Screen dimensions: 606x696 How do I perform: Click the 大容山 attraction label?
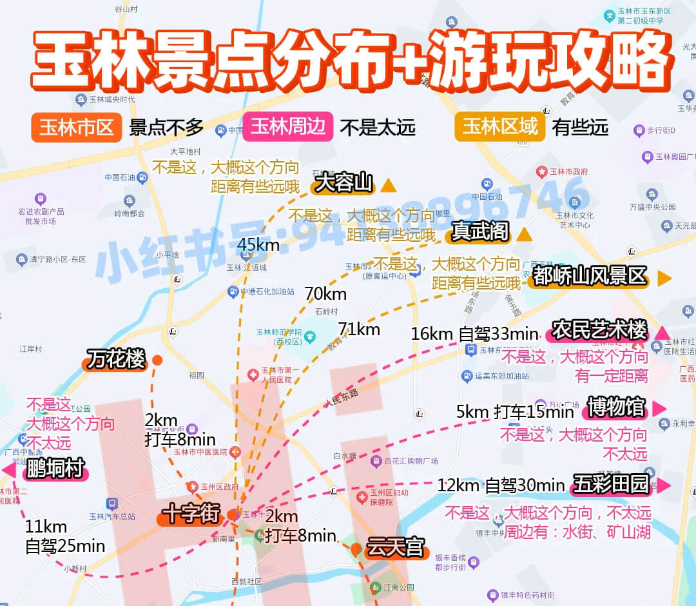click(x=343, y=184)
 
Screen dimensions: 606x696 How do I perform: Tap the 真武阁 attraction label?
click(x=480, y=231)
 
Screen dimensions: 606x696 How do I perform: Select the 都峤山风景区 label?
click(x=590, y=277)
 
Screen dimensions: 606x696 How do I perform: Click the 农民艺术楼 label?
click(x=599, y=330)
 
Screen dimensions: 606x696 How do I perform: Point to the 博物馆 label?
click(x=615, y=407)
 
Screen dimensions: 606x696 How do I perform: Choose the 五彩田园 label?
click(x=610, y=485)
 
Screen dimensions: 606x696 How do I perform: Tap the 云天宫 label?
click(x=395, y=549)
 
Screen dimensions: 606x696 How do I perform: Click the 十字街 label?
click(x=191, y=515)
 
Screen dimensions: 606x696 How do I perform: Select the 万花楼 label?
click(x=116, y=360)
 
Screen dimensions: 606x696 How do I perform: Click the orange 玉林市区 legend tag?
click(x=76, y=127)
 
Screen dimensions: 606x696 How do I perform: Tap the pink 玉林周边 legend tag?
click(x=287, y=126)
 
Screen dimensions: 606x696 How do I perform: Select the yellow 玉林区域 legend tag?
click(x=500, y=126)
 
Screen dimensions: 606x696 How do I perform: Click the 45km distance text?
click(x=258, y=245)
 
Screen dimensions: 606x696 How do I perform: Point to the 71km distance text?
click(x=359, y=329)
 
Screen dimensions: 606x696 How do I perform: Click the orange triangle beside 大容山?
click(x=388, y=186)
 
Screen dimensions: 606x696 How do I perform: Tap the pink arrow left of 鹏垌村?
click(x=9, y=470)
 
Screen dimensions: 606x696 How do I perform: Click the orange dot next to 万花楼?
click(x=157, y=360)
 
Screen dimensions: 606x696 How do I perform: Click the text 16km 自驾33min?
click(x=474, y=334)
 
